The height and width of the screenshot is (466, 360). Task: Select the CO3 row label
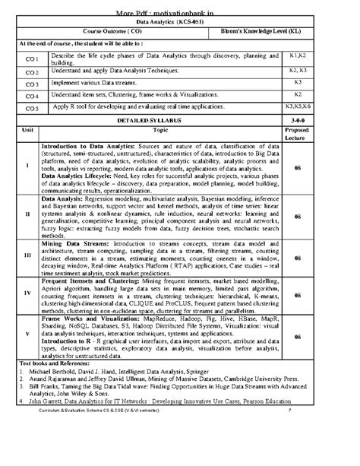point(31,84)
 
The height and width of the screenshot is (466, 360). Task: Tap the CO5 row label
point(31,108)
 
